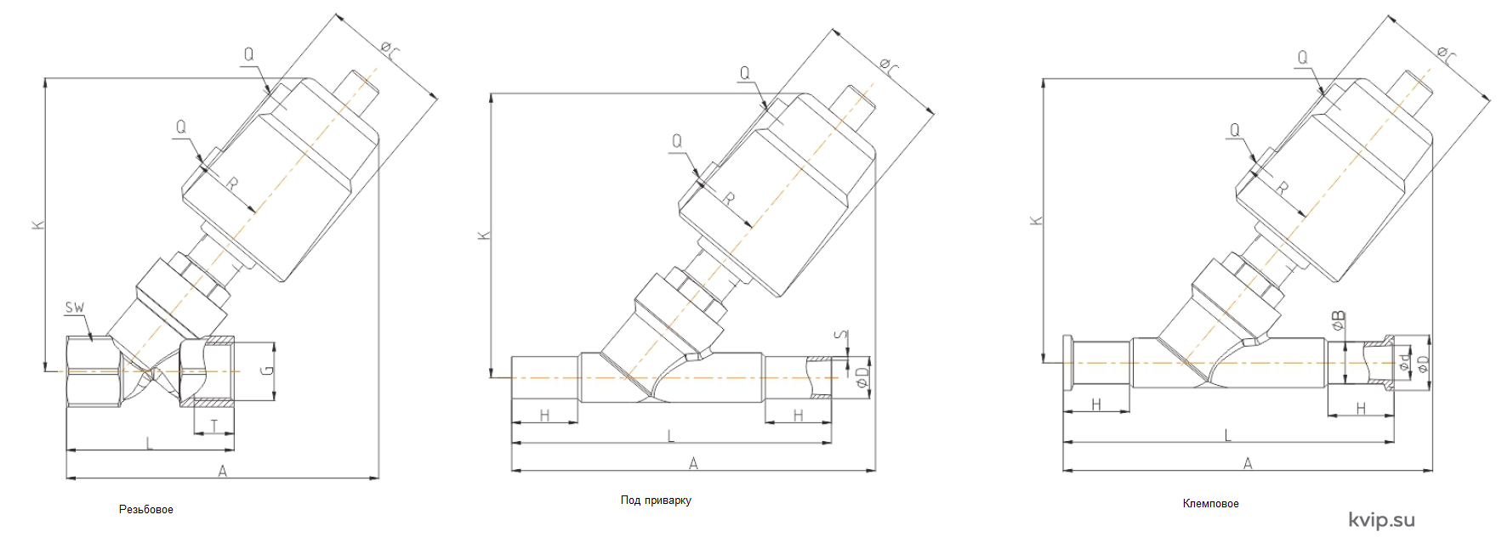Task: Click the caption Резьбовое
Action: pyautogui.click(x=146, y=510)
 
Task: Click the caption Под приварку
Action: pyautogui.click(x=656, y=501)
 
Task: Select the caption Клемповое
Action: pyautogui.click(x=1210, y=504)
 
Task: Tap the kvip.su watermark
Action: pyautogui.click(x=1381, y=520)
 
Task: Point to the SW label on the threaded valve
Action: pyautogui.click(x=75, y=308)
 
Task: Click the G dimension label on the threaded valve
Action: pyautogui.click(x=267, y=370)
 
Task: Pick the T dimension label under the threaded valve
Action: pyautogui.click(x=214, y=425)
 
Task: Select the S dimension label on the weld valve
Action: pyautogui.click(x=841, y=336)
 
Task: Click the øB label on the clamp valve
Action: pyautogui.click(x=1338, y=321)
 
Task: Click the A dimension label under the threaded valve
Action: pyautogui.click(x=223, y=471)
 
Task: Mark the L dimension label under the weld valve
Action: pyautogui.click(x=671, y=436)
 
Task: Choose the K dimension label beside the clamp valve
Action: pyautogui.click(x=1036, y=220)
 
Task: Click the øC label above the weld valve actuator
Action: pyautogui.click(x=888, y=66)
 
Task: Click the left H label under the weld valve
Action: pyautogui.click(x=544, y=416)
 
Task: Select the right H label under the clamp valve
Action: pyautogui.click(x=1361, y=409)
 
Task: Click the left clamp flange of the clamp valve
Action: pyautogui.click(x=1068, y=363)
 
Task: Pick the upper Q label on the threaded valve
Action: pyautogui.click(x=248, y=54)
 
